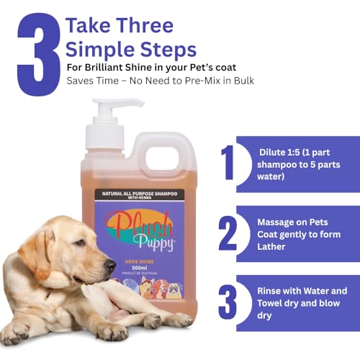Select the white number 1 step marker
(228, 163)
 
